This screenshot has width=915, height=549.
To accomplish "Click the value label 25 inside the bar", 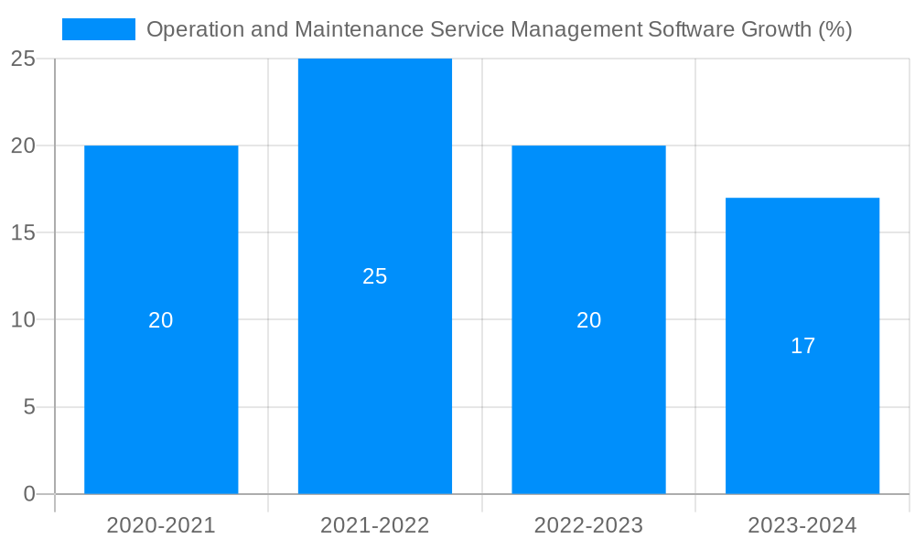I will pos(375,276).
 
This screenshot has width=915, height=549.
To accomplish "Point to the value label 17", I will pos(802,346).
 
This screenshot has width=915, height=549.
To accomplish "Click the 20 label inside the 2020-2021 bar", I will pos(161,320).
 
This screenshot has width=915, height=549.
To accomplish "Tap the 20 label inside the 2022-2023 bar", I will pos(588,320).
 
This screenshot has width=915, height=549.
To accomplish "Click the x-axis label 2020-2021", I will pos(161,525).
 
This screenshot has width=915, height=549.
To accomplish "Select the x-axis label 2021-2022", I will pos(375,525).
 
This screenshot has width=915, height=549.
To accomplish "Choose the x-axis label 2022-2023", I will pos(588,525).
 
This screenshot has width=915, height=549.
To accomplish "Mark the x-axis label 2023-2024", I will pos(802,525).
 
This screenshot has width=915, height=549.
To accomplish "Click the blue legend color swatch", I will pos(99,29).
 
